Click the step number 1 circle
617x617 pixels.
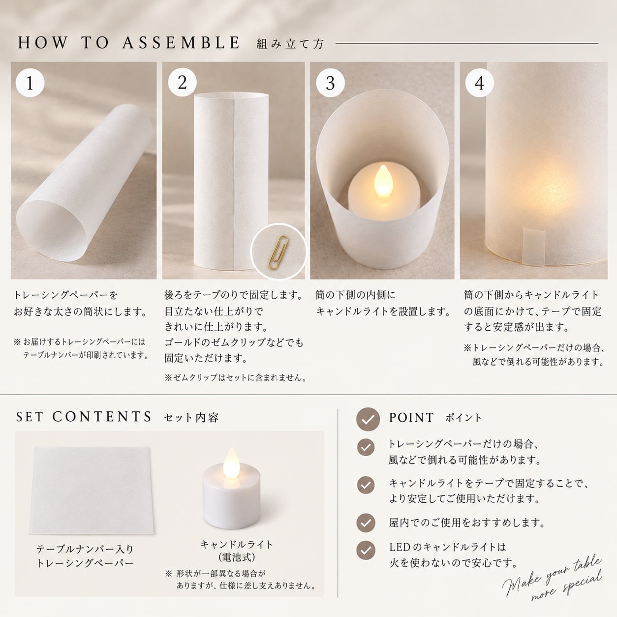point(30,83)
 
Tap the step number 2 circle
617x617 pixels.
point(182,83)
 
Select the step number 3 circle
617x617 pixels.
point(331,83)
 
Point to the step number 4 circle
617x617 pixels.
point(479,83)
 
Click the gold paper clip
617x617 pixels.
point(278,252)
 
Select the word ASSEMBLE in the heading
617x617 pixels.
point(181,43)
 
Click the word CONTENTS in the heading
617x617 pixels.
point(102,417)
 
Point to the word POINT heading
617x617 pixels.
point(411,418)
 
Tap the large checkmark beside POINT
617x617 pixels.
point(368,419)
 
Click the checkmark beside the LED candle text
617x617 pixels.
point(366,551)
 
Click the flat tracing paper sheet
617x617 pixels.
point(92,491)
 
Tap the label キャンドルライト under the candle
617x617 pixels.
point(236,544)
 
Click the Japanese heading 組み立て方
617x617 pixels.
point(290,44)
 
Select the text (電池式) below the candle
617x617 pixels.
point(237,557)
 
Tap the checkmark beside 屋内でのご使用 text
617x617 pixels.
point(366,523)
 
